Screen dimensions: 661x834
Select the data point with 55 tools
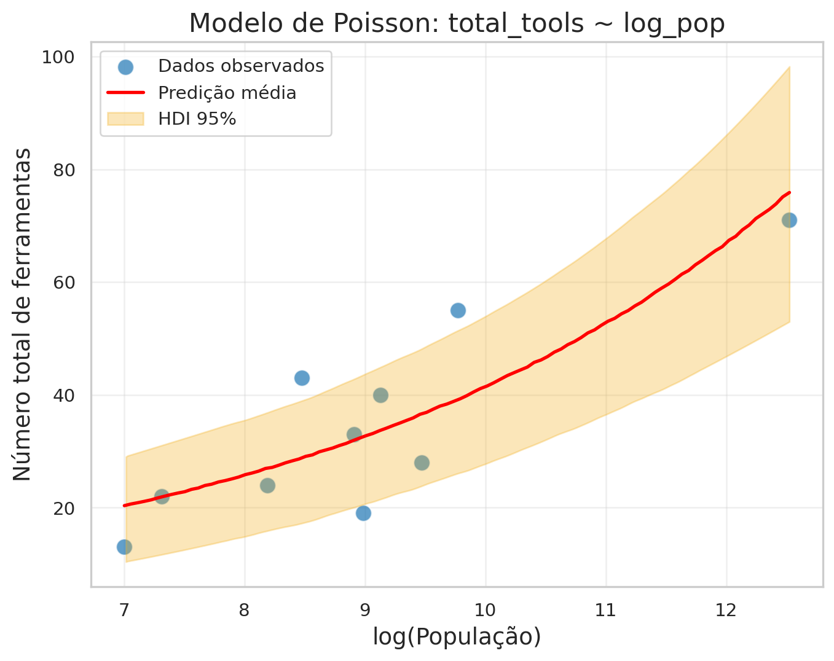458,310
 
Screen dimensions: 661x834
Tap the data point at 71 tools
789,220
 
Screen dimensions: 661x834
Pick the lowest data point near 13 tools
124,547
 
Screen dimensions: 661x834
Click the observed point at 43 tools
302,378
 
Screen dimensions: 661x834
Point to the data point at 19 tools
363,513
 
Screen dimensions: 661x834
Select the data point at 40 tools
380,395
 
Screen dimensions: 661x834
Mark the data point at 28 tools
422,463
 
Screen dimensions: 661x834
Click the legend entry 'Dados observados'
240,66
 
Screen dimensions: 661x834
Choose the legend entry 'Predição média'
227,93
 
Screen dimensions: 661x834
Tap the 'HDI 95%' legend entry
197,119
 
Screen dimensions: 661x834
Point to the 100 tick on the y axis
58,58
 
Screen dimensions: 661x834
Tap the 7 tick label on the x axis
124,611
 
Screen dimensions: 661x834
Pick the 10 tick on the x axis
486,611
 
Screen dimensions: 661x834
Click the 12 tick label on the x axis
726,611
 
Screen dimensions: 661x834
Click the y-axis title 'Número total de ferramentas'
22,314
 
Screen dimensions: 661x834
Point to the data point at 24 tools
267,485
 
